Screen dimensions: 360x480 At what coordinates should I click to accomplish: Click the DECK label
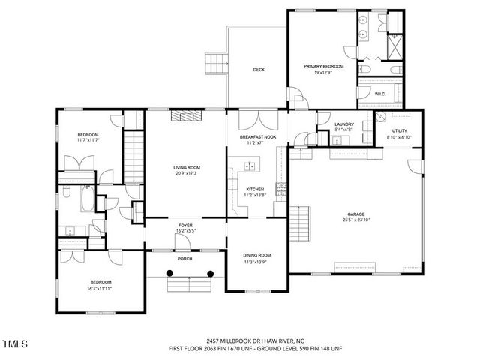(259, 70)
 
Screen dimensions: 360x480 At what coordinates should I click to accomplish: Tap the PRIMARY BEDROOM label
(323, 67)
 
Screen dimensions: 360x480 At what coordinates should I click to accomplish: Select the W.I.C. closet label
(380, 94)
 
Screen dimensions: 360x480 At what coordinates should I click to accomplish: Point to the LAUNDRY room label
(344, 124)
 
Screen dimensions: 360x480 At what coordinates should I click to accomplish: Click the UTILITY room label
(399, 132)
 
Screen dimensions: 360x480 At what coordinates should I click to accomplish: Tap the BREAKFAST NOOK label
(257, 137)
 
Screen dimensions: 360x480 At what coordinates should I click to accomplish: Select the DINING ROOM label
(256, 255)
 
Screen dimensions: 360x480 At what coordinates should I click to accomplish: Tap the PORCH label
(184, 259)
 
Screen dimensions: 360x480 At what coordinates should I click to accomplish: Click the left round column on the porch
(158, 273)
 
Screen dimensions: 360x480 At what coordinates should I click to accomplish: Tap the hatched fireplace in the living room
(185, 115)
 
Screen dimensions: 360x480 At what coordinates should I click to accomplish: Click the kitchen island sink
(250, 166)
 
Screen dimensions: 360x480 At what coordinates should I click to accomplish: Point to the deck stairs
(216, 62)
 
